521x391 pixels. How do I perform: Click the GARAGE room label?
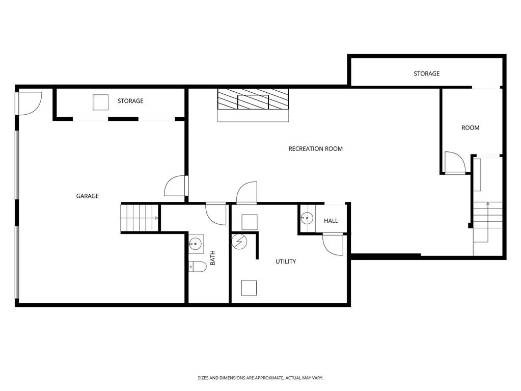tap(88, 196)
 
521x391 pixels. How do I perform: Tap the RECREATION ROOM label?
tap(315, 149)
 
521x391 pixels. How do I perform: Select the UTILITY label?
tap(285, 262)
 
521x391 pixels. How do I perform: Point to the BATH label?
tap(213, 257)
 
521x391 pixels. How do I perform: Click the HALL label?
tap(331, 221)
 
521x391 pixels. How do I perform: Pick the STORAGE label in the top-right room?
tap(426, 73)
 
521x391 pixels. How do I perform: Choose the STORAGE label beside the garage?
tap(130, 101)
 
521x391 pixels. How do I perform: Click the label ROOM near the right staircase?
tap(470, 127)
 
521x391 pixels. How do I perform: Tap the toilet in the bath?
tap(198, 267)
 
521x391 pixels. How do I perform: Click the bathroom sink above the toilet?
tap(196, 244)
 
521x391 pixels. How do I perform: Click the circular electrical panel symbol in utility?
tap(239, 242)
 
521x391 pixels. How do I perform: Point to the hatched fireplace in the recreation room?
tap(253, 99)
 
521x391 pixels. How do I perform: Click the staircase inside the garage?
tap(139, 218)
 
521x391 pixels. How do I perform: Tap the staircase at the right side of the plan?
tap(487, 222)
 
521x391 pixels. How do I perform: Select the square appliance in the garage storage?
tap(100, 102)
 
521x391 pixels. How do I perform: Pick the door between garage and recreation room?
tap(176, 186)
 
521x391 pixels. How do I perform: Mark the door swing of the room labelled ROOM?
tap(455, 163)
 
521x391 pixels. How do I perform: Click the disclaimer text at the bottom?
tap(261, 378)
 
